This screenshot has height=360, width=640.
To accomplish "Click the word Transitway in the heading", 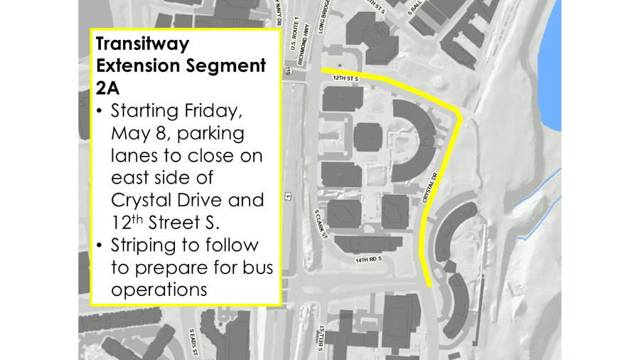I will (143, 43).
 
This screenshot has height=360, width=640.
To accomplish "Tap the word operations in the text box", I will (159, 290).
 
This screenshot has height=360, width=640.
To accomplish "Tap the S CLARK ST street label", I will (321, 223).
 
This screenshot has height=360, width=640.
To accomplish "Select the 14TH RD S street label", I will (368, 260).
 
